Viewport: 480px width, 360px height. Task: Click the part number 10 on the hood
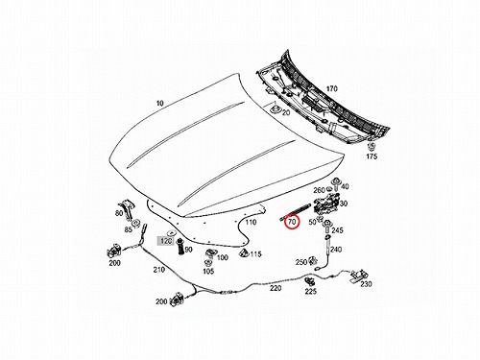coord(160,103)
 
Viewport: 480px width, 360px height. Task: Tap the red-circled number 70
coord(292,222)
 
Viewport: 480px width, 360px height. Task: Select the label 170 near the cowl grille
coord(331,88)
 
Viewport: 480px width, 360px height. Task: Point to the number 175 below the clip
coord(372,156)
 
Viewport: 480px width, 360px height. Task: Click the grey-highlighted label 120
coord(166,241)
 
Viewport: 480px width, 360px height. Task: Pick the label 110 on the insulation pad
coord(251,222)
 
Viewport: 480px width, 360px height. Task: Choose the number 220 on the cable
coord(276,288)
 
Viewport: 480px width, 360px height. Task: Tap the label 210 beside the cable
coord(159,270)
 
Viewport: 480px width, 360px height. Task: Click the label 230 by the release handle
coord(366,284)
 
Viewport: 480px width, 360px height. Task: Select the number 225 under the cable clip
coord(310,291)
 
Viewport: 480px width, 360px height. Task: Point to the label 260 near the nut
coord(319,190)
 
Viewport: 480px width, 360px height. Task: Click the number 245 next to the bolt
coord(337,230)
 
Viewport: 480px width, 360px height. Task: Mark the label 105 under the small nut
coord(208,272)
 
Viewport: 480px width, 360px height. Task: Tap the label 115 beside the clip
coord(255,254)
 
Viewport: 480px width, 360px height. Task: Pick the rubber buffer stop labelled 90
coord(180,247)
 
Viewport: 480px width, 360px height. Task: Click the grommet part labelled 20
coord(276,108)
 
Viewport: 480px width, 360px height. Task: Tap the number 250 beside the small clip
coord(301,262)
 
